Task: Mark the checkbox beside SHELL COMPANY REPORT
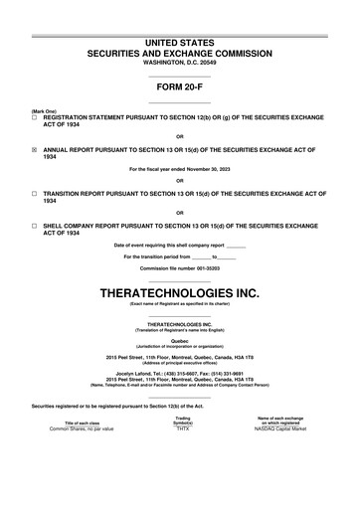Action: pos(35,227)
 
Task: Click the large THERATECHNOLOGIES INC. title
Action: pos(179,294)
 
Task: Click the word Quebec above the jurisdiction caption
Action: pos(179,339)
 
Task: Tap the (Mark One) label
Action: pos(44,111)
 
